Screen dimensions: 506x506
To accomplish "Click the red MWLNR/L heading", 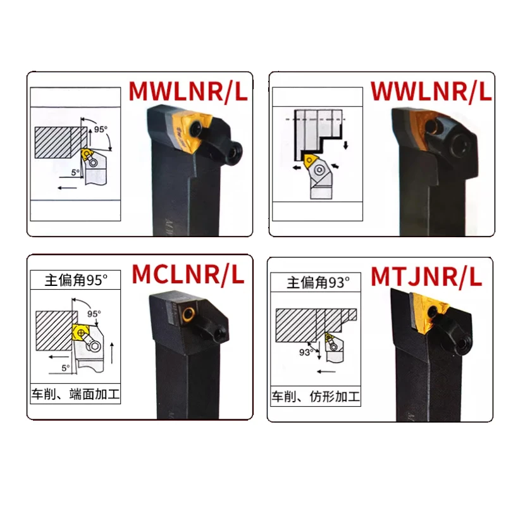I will pos(188,91).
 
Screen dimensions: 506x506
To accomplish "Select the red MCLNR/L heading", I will pos(188,275).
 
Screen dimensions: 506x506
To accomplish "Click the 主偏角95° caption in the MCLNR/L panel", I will pos(73,277).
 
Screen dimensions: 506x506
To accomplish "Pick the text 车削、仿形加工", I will pos(316,397).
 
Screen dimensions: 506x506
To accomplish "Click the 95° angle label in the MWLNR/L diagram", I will pos(101,129).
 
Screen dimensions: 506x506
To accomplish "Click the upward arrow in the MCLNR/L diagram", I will pos(112,351).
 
